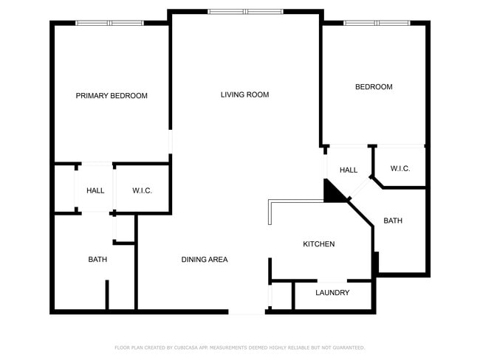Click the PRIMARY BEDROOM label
click(112, 96)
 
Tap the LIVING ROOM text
click(244, 94)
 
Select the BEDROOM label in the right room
click(374, 87)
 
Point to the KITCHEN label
click(319, 244)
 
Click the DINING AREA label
click(205, 260)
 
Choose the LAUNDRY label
click(332, 293)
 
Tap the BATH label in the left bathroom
click(97, 260)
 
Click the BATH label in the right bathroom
click(393, 221)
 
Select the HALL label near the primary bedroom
click(95, 191)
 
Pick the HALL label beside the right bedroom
click(349, 170)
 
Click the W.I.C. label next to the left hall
click(143, 191)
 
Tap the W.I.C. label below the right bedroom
click(400, 169)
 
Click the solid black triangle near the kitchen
click(333, 192)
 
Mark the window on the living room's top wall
click(244, 12)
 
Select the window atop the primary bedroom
click(111, 23)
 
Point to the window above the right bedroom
click(377, 23)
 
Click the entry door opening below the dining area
click(247, 312)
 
